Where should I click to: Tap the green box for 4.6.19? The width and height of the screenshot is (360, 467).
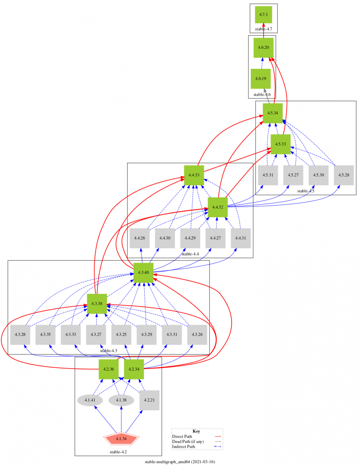coord(261,79)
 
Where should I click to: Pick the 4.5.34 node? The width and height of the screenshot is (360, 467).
coord(273,113)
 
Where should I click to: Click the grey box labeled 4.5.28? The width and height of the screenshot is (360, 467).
coord(343,175)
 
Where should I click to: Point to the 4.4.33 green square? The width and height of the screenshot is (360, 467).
coord(194,175)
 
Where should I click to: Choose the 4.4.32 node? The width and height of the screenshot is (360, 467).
coord(217,207)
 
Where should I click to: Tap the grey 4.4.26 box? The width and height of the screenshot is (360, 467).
coord(140,238)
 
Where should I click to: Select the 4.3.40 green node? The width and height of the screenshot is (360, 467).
coord(143,272)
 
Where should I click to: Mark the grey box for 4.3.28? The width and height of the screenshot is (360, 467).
coord(20,334)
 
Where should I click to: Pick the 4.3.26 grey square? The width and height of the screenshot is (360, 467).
coord(197,334)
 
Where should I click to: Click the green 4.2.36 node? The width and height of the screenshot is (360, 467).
coord(108,369)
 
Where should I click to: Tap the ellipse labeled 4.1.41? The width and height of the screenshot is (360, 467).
coord(90,400)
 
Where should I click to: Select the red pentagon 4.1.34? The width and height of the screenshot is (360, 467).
coord(121,439)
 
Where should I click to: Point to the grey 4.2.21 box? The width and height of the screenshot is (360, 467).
coord(149,400)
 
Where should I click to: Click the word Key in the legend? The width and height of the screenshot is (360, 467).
coord(197,431)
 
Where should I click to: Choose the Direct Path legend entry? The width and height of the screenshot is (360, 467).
coord(182,437)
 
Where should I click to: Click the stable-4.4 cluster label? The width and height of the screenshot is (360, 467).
coord(190,254)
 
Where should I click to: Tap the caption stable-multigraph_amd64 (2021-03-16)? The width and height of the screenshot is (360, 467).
coord(180,462)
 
